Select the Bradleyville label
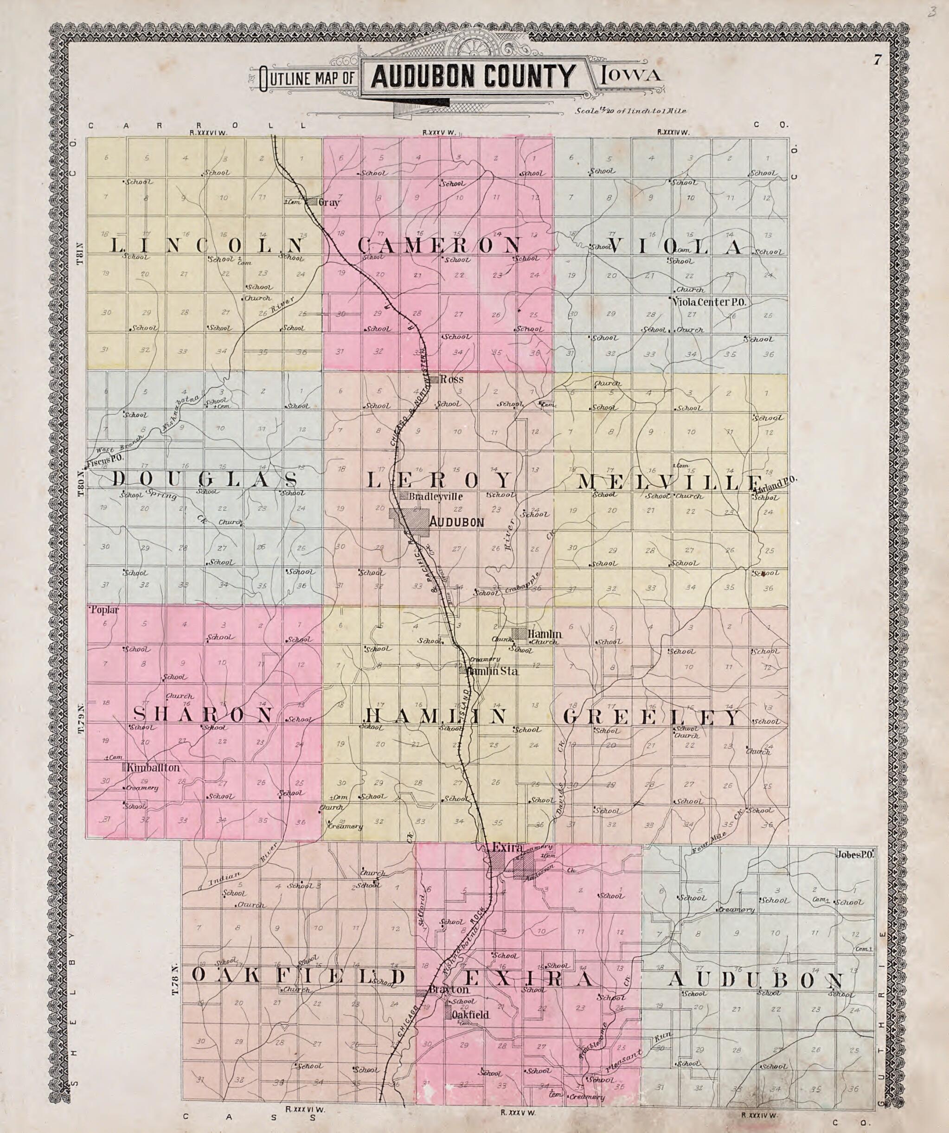436,496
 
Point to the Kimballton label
153,767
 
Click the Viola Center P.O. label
709,303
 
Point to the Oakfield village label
470,1014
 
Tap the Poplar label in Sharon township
105,610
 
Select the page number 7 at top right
878,60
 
